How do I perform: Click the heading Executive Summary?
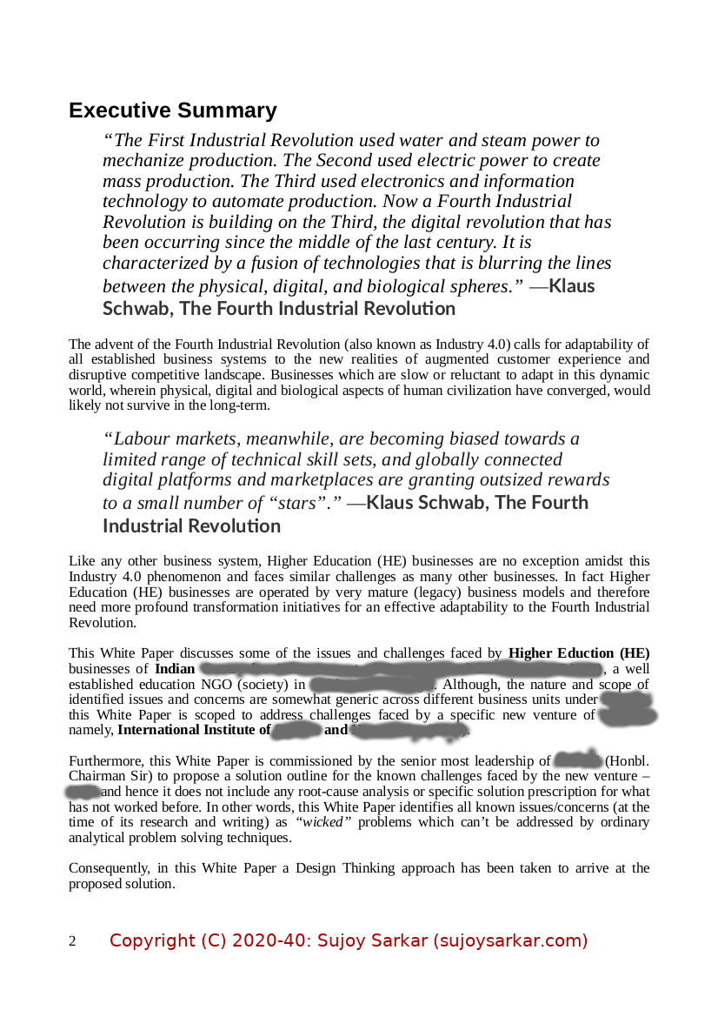173,110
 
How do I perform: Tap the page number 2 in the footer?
72,941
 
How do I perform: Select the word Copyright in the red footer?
152,940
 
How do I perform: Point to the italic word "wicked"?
323,822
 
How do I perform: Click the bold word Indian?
175,669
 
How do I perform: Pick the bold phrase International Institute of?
194,730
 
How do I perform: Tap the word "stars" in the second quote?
302,503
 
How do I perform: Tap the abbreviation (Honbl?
628,760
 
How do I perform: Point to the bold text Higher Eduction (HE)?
579,653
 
